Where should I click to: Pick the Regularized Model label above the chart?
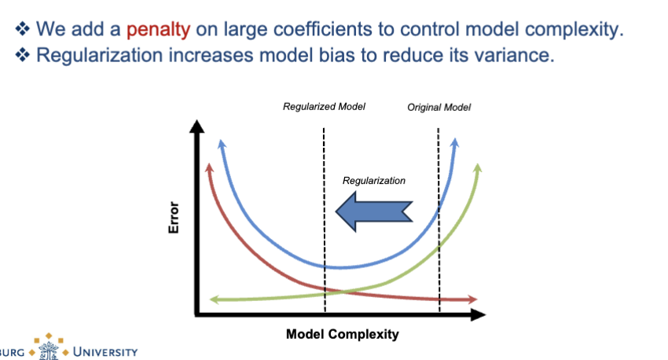pyautogui.click(x=324, y=106)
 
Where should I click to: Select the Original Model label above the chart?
pyautogui.click(x=439, y=107)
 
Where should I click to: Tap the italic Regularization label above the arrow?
pyautogui.click(x=374, y=181)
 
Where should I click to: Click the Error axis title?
pyautogui.click(x=174, y=218)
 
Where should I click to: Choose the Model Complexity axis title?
pyautogui.click(x=342, y=334)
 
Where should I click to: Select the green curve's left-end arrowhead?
pyautogui.click(x=212, y=299)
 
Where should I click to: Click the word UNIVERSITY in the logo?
pyautogui.click(x=105, y=351)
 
